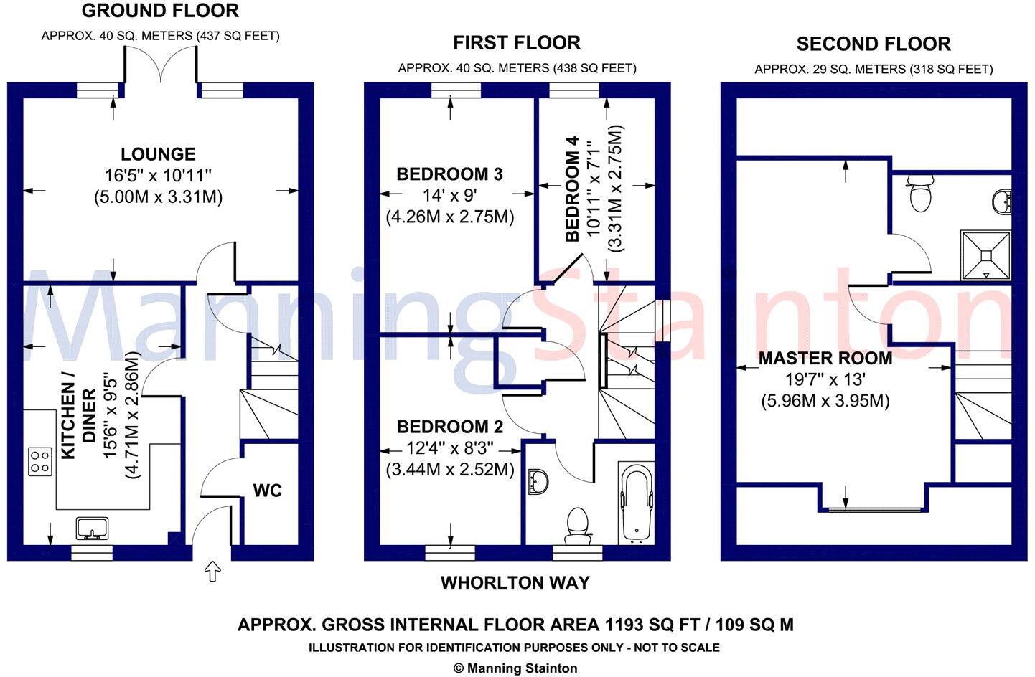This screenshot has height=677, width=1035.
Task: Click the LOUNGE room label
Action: click(158, 153)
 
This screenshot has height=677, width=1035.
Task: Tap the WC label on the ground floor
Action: click(268, 491)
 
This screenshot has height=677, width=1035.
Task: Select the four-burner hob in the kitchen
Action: click(40, 461)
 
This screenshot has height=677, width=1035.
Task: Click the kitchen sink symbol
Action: click(93, 529)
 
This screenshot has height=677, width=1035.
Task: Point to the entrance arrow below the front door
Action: click(212, 572)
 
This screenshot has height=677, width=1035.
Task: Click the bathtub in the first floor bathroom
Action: click(636, 503)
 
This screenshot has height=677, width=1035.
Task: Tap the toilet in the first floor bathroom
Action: click(577, 526)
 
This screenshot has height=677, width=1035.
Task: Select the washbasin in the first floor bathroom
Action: click(538, 482)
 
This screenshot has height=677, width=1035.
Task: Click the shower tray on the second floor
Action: click(986, 255)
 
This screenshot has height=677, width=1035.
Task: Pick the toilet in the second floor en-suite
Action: click(920, 194)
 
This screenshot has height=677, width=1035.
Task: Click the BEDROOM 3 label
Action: click(449, 174)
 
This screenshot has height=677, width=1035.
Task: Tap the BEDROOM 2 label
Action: click(449, 427)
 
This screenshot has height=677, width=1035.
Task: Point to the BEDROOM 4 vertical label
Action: click(573, 189)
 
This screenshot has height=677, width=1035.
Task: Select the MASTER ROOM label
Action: click(825, 359)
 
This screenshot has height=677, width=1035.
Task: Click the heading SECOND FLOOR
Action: click(874, 44)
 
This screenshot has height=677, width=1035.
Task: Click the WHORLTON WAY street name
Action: click(515, 583)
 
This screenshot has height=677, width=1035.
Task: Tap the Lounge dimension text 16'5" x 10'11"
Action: click(158, 176)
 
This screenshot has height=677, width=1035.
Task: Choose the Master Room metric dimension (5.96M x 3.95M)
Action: click(825, 401)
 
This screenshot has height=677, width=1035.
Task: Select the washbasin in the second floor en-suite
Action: click(1002, 202)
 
